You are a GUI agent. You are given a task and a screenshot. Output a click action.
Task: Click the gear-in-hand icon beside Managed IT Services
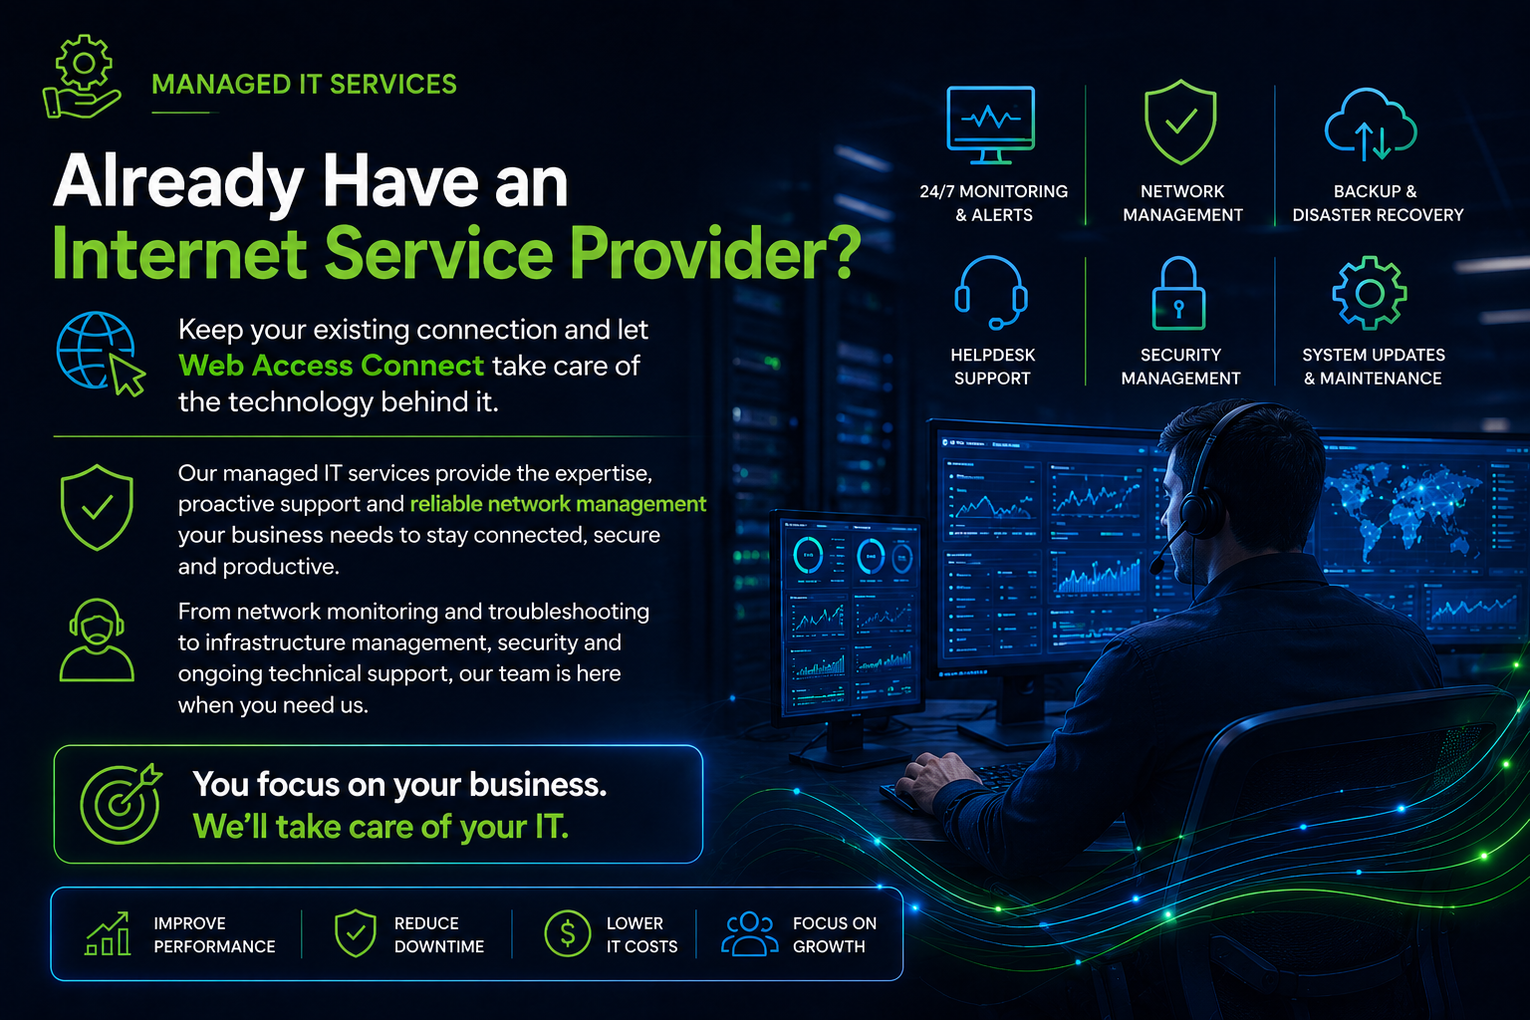[83, 77]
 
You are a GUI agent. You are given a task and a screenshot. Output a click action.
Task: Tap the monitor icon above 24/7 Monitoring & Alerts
[990, 125]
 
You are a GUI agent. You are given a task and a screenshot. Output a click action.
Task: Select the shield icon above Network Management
[1180, 123]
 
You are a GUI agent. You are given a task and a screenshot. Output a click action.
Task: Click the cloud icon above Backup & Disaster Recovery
[1371, 124]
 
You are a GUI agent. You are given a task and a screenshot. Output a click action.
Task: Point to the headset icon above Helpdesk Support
[991, 293]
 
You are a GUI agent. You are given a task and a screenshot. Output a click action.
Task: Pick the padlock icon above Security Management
[1179, 293]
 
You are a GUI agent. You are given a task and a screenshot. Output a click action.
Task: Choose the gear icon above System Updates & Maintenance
[1370, 293]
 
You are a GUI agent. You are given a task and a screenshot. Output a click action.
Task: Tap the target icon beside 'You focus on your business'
[121, 804]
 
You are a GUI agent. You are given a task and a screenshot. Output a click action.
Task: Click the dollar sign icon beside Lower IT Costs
[567, 933]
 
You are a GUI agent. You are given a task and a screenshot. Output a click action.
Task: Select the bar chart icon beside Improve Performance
[108, 933]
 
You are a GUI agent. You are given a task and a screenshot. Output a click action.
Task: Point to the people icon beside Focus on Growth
[749, 933]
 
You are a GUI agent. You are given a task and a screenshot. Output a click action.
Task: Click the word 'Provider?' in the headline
[715, 253]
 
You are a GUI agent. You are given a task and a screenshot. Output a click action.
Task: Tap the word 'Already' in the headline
[178, 181]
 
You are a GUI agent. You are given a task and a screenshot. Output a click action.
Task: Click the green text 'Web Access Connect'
[332, 366]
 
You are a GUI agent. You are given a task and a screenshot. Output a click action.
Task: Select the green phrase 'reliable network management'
[558, 504]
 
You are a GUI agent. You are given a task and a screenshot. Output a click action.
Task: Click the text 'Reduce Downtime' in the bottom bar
[439, 934]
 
